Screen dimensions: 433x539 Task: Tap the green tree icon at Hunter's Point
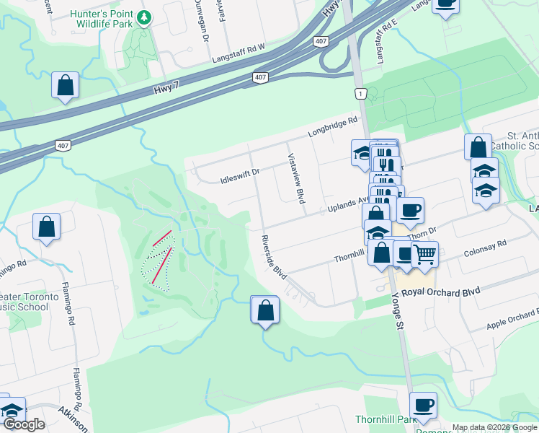pos(145,17)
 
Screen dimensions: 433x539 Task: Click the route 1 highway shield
pos(360,93)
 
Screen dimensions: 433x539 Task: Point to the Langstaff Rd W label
pos(238,52)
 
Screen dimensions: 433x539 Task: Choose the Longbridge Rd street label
pos(333,128)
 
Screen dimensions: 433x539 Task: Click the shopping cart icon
pos(424,254)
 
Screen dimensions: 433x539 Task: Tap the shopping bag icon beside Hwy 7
pos(65,85)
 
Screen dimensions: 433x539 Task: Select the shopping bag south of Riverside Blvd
pos(265,310)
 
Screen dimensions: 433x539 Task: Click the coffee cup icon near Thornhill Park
pos(423,405)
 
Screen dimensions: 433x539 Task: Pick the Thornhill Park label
pos(376,420)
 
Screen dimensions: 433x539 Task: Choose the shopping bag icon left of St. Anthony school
pos(478,147)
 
